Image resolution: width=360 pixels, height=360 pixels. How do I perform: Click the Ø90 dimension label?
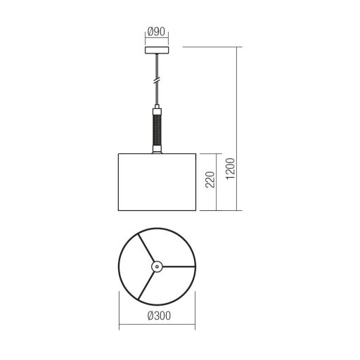157,32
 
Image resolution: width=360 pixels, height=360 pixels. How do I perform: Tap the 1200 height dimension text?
231,169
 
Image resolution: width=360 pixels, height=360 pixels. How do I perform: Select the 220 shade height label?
210,179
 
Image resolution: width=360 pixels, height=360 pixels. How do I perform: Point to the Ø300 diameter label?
159,316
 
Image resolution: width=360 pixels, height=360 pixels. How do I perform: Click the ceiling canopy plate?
157,51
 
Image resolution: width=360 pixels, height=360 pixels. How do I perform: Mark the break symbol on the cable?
157,79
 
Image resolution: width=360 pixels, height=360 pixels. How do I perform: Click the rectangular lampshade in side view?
157,182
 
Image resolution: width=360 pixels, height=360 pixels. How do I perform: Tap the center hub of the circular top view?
157,266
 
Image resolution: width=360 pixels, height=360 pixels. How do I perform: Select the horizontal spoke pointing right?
179,266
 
